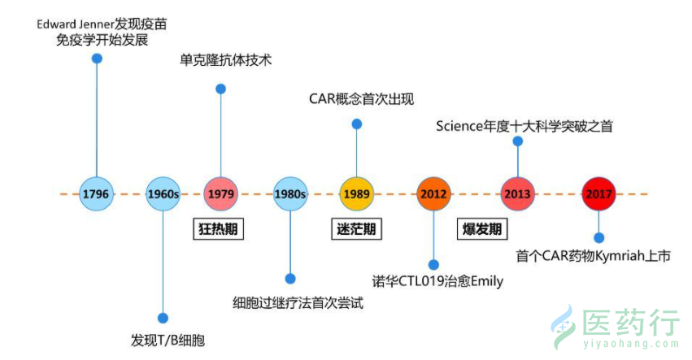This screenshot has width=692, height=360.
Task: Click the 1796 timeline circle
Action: [98, 194]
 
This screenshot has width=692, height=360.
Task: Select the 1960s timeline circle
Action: [163, 194]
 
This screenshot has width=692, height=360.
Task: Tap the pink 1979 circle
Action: [220, 194]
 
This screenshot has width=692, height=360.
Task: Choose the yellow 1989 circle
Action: [356, 194]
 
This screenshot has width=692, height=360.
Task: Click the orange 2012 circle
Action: [433, 194]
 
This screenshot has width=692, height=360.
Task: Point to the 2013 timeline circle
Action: [517, 194]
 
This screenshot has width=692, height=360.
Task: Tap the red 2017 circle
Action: [598, 194]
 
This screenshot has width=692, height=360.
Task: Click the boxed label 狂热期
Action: [220, 228]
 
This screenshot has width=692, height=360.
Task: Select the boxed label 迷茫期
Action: [356, 228]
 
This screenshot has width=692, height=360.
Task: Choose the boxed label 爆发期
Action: [482, 228]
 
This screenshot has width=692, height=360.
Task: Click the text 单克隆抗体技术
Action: [225, 61]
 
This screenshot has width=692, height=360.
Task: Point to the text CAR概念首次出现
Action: [362, 100]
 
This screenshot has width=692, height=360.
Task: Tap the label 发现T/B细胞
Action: [167, 340]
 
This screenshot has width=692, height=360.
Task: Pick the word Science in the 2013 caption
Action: [459, 126]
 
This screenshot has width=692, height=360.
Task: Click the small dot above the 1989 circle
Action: [356, 124]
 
